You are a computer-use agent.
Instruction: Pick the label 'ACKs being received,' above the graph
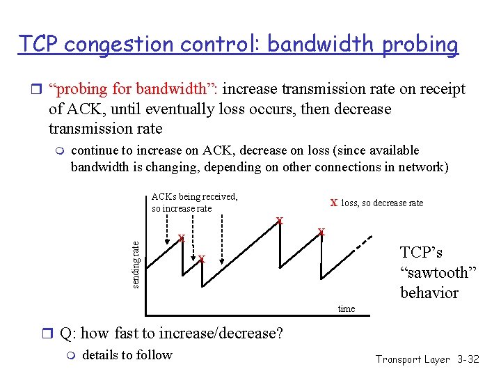pos(194,196)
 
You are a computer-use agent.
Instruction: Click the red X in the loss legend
pos(334,203)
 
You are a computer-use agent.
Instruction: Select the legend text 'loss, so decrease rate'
pos(382,203)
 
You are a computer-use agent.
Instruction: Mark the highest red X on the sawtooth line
pos(280,221)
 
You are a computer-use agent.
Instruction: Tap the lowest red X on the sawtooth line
pos(201,260)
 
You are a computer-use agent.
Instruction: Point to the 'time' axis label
pos(346,308)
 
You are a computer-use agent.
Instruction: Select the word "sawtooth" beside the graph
pos(438,273)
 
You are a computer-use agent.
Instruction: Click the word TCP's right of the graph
pos(421,253)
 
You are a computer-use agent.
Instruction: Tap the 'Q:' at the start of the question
pos(68,334)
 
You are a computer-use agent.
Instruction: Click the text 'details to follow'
pos(127,355)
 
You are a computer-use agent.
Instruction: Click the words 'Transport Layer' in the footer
pos(412,359)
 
